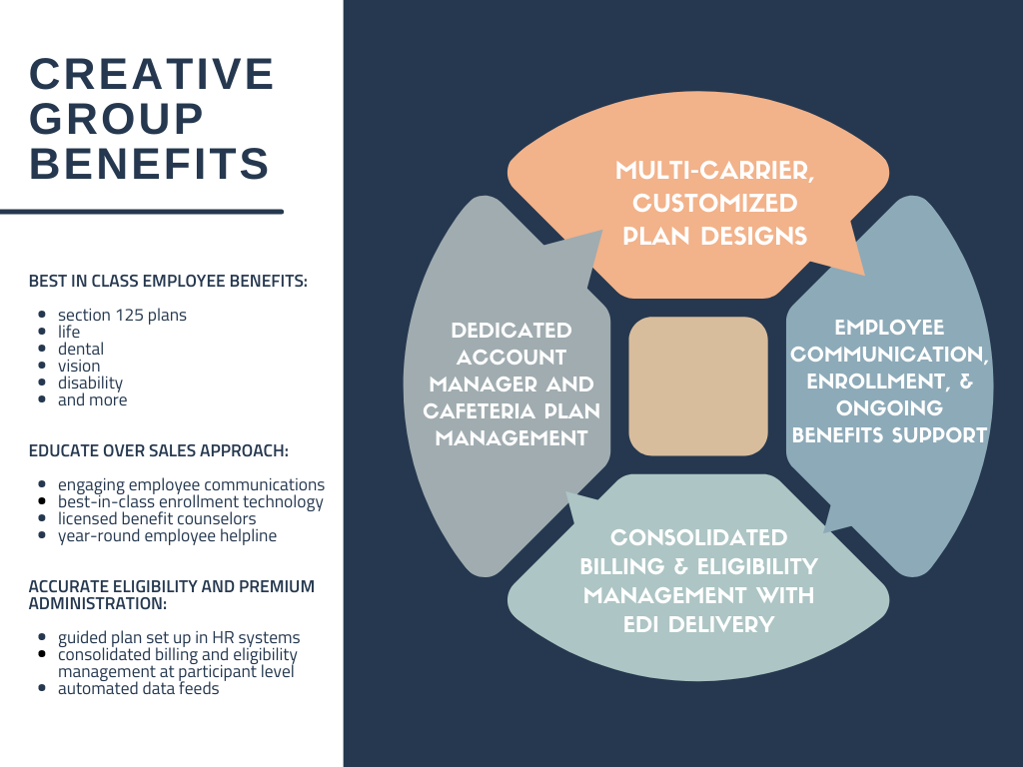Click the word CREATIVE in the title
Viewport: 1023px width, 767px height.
click(x=152, y=74)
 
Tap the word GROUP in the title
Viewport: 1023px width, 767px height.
click(x=117, y=118)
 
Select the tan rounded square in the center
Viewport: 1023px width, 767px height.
click(x=698, y=386)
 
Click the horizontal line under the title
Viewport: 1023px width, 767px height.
click(x=142, y=212)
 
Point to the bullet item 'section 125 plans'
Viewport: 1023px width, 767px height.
click(x=122, y=315)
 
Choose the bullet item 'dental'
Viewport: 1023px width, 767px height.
click(x=81, y=349)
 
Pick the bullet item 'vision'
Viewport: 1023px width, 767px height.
click(x=79, y=366)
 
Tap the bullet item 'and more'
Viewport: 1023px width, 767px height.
click(x=93, y=399)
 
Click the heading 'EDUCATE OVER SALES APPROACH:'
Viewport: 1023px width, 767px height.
click(x=159, y=450)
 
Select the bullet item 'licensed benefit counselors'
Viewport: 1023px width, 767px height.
click(x=157, y=518)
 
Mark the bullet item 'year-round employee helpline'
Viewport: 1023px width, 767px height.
click(x=167, y=535)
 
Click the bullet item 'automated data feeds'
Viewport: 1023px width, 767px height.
click(x=138, y=688)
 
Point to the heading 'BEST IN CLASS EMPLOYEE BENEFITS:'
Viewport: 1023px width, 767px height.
click(x=168, y=281)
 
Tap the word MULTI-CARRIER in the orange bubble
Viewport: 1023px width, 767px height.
click(x=715, y=171)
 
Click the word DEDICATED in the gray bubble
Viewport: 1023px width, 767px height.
click(x=511, y=330)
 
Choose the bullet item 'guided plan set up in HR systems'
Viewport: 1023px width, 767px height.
click(x=179, y=637)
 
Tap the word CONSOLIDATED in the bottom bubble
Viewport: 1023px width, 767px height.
click(x=698, y=537)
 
